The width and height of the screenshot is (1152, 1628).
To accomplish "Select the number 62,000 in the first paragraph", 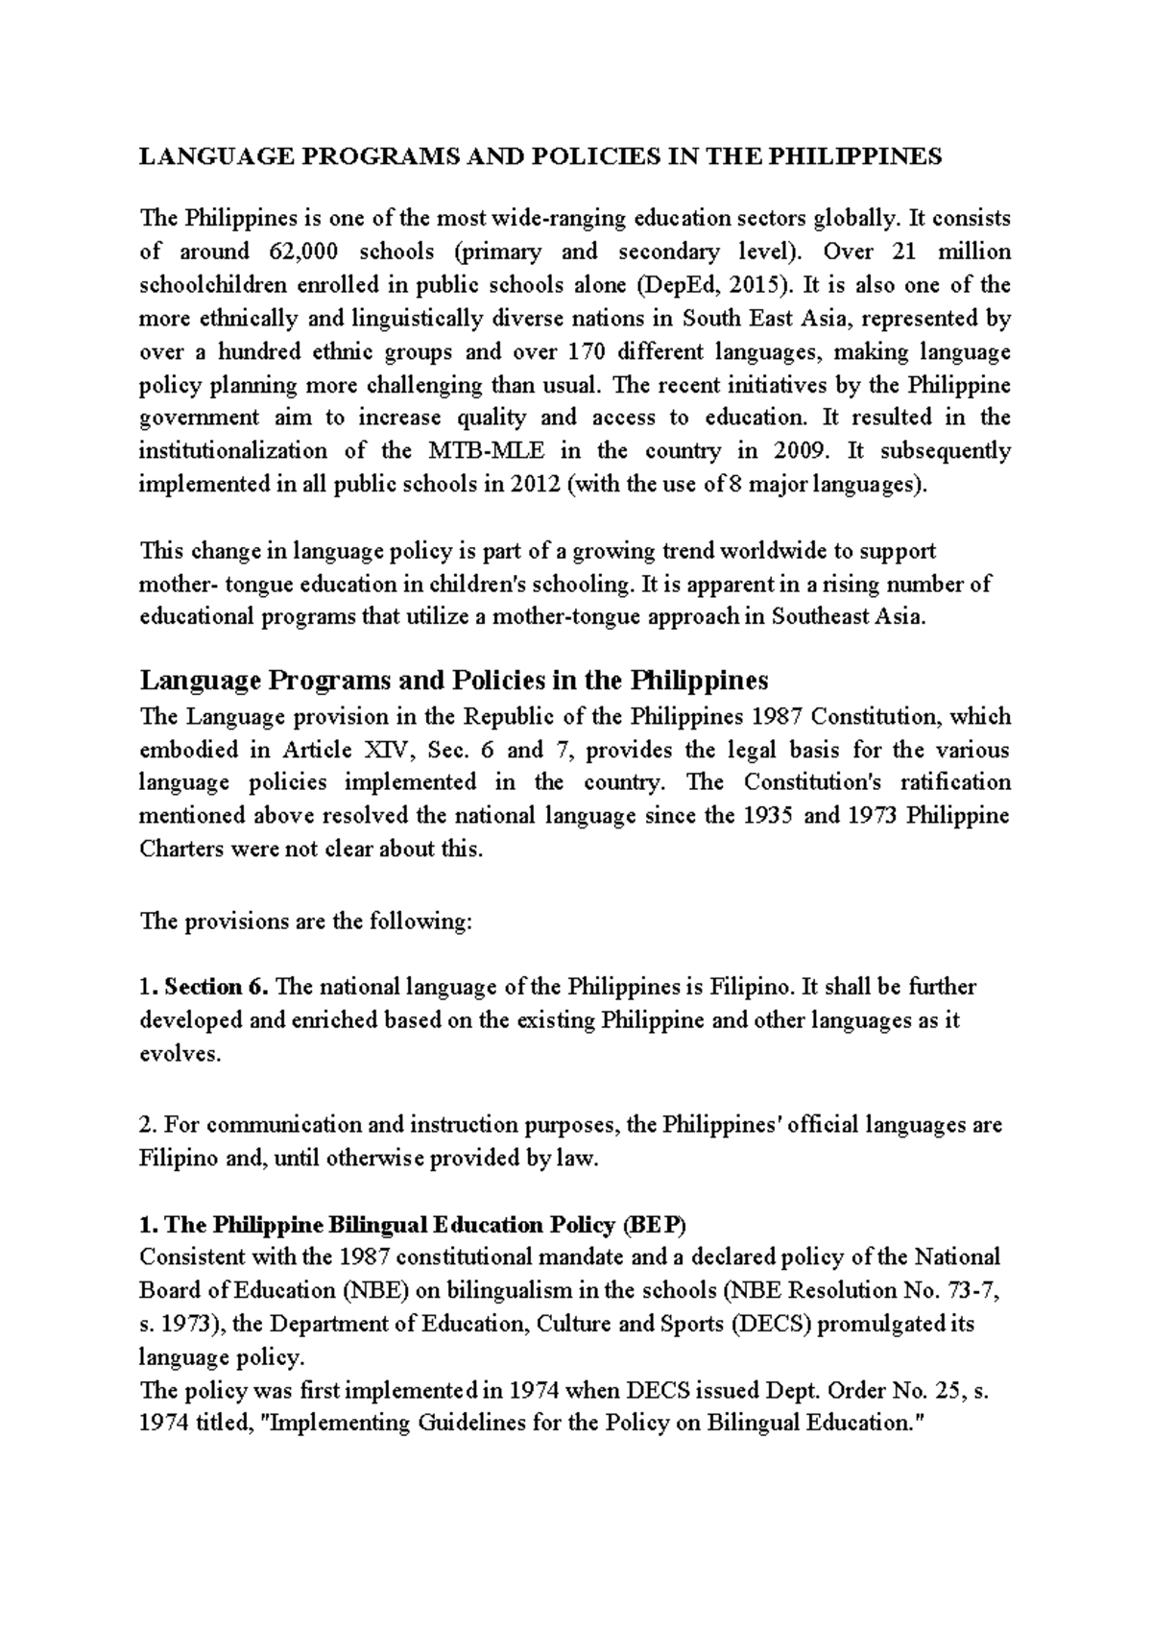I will [x=290, y=252].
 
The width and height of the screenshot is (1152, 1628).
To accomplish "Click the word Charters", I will [x=180, y=850].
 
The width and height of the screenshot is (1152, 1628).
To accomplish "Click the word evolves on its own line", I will [x=179, y=1053].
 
